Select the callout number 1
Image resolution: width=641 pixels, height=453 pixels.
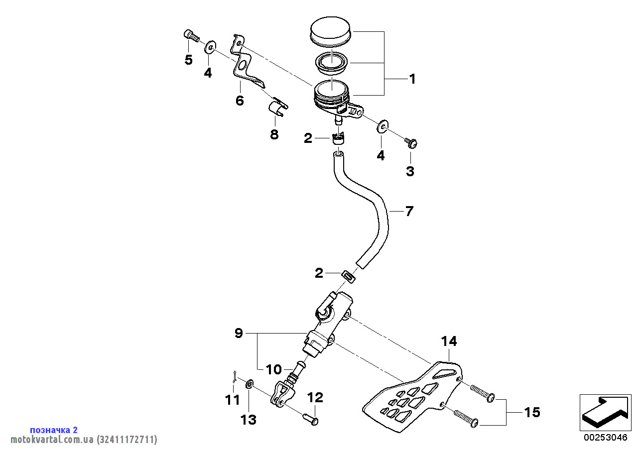pos(412,79)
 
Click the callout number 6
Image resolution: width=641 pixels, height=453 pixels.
pos(240,101)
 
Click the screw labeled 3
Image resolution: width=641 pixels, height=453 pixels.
pos(411,143)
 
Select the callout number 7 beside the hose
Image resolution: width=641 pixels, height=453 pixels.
pos(409,212)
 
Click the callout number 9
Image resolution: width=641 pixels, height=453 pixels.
pos(239,333)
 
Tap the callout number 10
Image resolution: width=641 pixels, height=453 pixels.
pos(273,369)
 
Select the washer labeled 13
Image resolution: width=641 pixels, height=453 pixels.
pos(250,383)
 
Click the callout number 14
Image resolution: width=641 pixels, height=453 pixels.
pos(449,341)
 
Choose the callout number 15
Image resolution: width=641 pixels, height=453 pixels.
pos(532,412)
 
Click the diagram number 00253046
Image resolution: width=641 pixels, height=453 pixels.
pos(606,438)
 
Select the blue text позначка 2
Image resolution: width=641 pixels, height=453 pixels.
pos(54,430)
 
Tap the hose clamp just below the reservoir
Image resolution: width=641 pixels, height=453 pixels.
pos(338,137)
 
